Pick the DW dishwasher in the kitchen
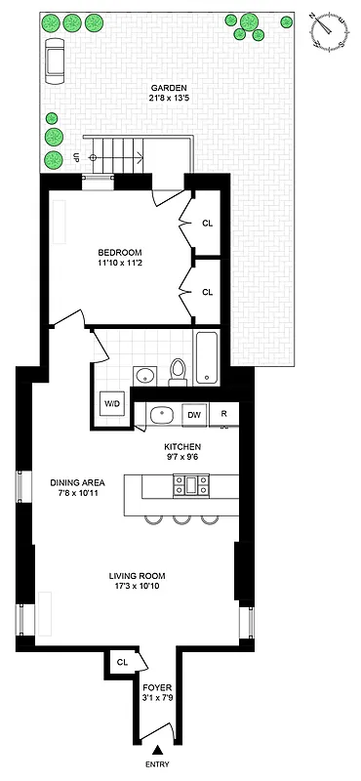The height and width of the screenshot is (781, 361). [193, 415]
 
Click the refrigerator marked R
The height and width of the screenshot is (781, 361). [223, 415]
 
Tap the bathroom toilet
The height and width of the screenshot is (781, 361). [178, 369]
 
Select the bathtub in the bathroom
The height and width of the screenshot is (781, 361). [208, 357]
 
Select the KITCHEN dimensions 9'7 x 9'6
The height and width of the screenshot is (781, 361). [181, 455]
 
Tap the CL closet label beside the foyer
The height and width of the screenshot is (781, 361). [122, 661]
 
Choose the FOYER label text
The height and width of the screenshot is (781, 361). [156, 686]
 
